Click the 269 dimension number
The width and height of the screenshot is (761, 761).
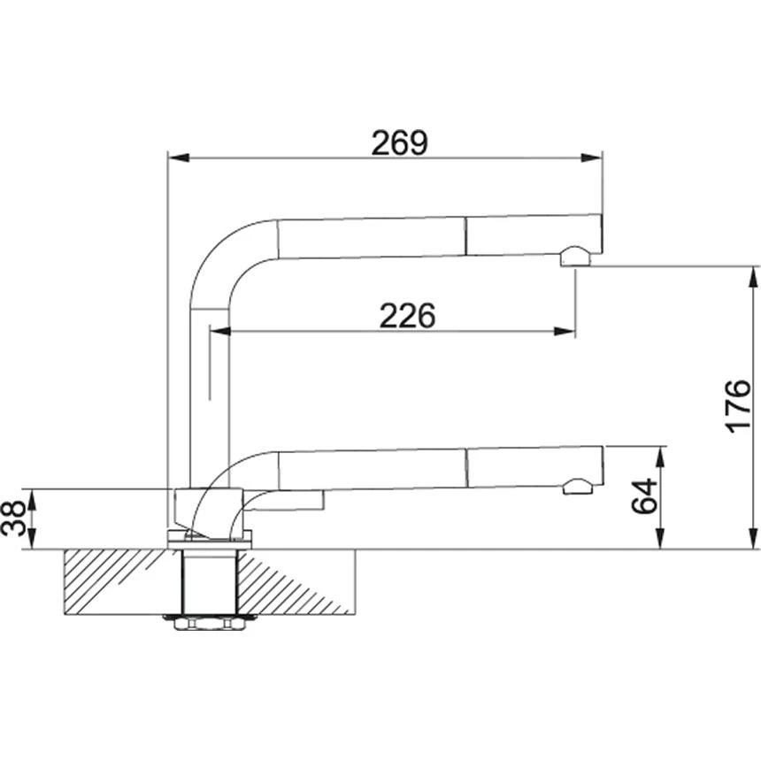pos(399,142)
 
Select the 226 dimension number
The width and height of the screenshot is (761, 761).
pos(407,316)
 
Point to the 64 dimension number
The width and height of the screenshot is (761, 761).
pos(644,496)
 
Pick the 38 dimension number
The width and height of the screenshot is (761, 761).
pos(13,519)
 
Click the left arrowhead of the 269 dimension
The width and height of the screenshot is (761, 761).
pos(179,158)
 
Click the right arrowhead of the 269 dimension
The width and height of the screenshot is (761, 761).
pos(591,158)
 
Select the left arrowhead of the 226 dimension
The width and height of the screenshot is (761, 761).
pos(219,332)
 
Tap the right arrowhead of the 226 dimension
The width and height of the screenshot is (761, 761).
pos(565,332)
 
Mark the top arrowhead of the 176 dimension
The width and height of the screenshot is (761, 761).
pos(754,277)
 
